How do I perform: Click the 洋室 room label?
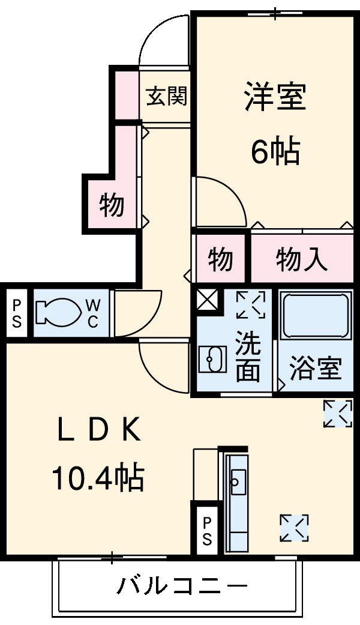(275, 96)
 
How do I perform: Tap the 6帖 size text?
(275, 151)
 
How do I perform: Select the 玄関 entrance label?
(166, 96)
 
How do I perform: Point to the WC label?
(93, 313)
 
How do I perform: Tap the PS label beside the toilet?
(17, 313)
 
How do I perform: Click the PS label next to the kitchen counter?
(207, 531)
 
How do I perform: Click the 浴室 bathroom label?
(316, 369)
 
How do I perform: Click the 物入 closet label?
(301, 260)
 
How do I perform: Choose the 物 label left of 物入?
(220, 259)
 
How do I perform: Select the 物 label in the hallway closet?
(112, 205)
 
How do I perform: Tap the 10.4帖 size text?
(98, 478)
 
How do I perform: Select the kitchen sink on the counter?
(238, 482)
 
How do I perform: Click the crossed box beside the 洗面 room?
(208, 300)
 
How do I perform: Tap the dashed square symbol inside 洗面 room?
(251, 305)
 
